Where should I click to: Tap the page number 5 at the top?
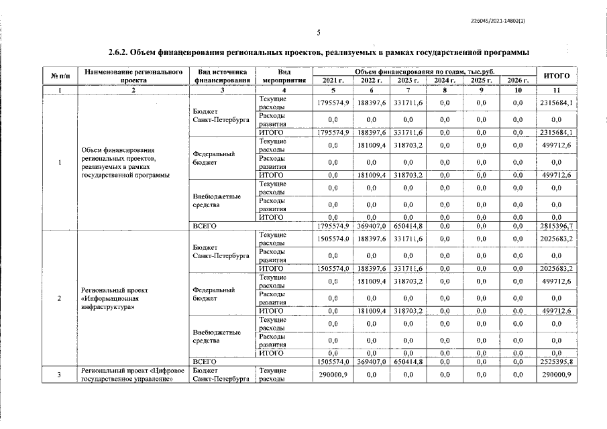[x=319, y=32]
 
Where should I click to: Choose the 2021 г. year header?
[x=333, y=80]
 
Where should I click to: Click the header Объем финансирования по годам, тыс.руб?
[x=425, y=70]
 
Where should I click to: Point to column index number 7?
[x=407, y=90]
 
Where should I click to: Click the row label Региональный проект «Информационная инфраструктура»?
[x=111, y=298]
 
